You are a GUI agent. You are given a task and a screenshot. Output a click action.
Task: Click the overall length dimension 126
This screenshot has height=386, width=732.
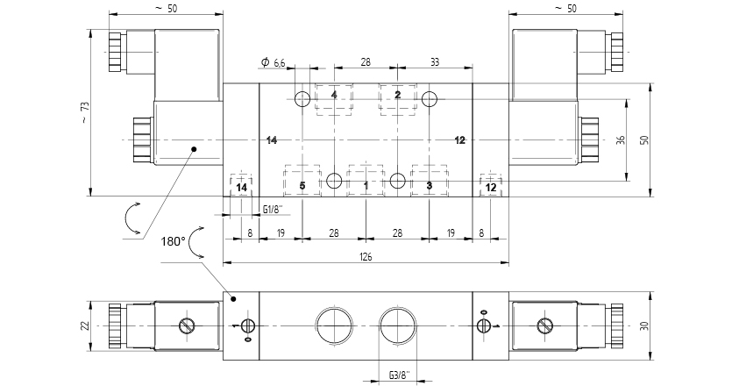pyautogui.click(x=366, y=257)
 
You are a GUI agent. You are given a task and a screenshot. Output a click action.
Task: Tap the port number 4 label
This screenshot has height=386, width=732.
pyautogui.click(x=334, y=95)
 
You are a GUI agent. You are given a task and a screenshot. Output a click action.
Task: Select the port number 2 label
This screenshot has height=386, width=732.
pyautogui.click(x=397, y=95)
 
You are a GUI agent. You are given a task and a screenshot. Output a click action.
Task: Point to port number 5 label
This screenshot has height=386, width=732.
pyautogui.click(x=302, y=185)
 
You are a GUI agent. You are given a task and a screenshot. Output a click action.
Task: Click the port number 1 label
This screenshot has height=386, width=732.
pyautogui.click(x=366, y=185)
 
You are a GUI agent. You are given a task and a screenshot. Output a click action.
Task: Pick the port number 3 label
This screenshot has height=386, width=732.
pyautogui.click(x=429, y=185)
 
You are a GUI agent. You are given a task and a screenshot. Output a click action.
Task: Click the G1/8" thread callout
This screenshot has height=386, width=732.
pyautogui.click(x=274, y=209)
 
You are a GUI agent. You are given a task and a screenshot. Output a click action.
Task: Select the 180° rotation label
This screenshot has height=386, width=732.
pyautogui.click(x=173, y=239)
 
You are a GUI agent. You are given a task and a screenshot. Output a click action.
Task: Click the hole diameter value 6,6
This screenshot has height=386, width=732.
pyautogui.click(x=280, y=62)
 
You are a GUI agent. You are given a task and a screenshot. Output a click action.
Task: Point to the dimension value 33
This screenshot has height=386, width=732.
pyautogui.click(x=435, y=62)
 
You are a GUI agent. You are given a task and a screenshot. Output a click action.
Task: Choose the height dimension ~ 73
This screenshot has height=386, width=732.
pyautogui.click(x=85, y=112)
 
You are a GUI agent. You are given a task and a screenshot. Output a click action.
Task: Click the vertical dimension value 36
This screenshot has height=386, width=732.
pyautogui.click(x=620, y=139)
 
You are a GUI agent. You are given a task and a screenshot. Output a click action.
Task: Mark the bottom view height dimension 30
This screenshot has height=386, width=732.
pyautogui.click(x=644, y=325)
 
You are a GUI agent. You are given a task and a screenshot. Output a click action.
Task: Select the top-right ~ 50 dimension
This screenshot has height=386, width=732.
pyautogui.click(x=565, y=8)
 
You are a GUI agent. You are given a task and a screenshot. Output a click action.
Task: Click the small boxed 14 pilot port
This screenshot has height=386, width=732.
pyautogui.click(x=242, y=187)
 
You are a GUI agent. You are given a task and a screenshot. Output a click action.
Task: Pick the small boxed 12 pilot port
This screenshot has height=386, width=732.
pyautogui.click(x=491, y=187)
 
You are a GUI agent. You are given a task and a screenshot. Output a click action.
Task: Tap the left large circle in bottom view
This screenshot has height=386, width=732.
pyautogui.click(x=334, y=325)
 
